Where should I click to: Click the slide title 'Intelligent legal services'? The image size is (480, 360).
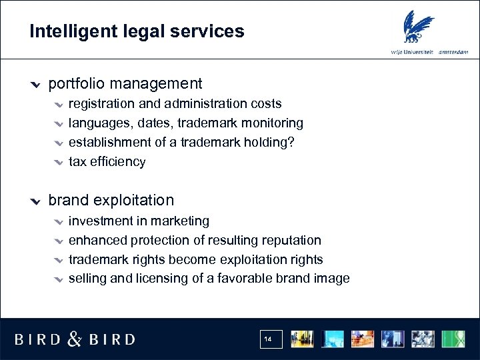[137, 31]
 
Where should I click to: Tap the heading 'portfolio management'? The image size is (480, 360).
[125, 84]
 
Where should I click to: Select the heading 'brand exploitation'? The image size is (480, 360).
[111, 200]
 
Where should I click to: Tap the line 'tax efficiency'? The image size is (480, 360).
[107, 161]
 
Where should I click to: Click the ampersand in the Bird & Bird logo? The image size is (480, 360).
[75, 339]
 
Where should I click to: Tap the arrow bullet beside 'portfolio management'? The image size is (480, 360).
[37, 85]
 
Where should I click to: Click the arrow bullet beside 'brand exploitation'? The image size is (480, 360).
[37, 201]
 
